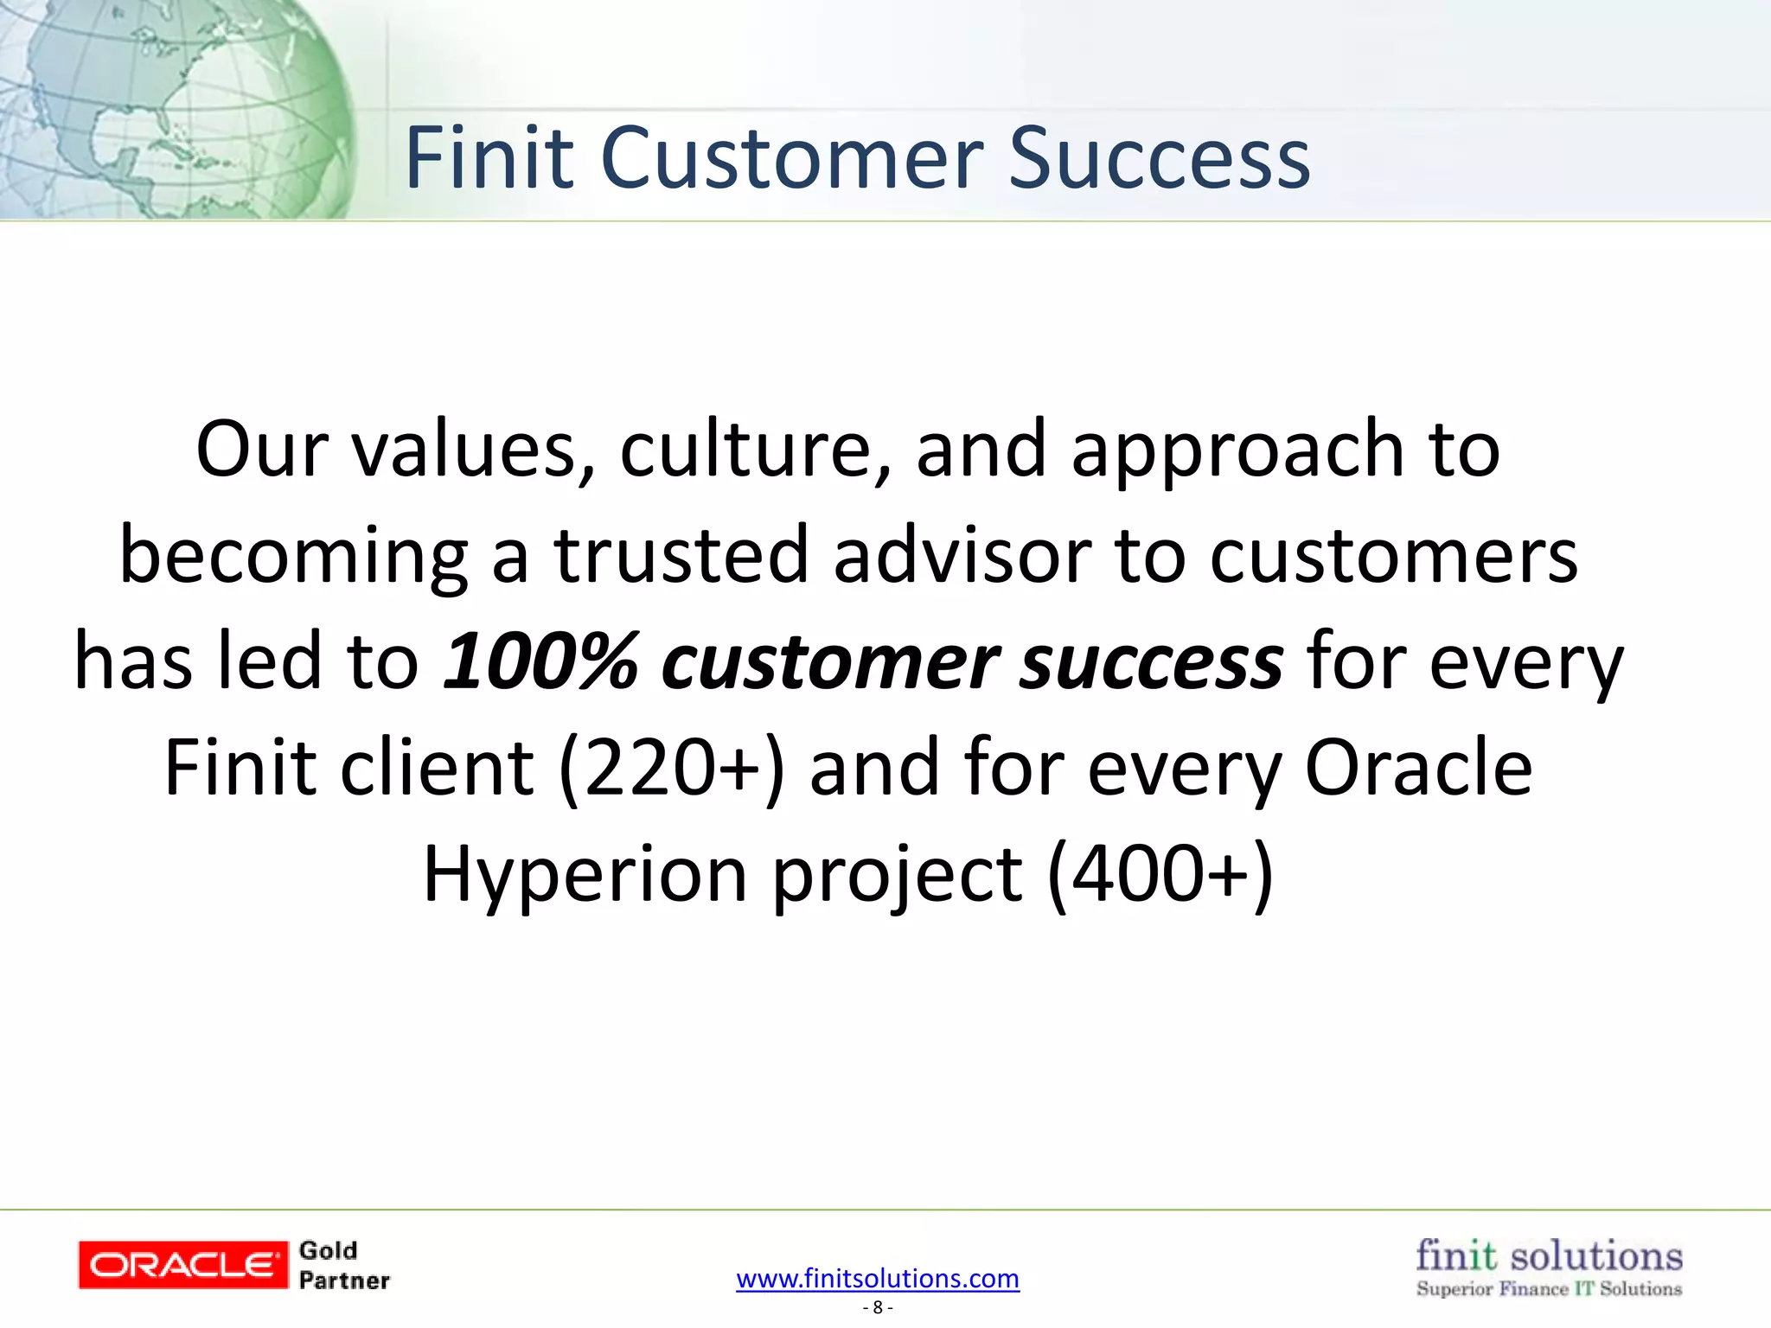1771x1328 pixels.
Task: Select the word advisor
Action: point(962,555)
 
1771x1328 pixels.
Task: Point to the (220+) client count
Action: point(672,768)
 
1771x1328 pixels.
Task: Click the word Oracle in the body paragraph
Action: point(1418,768)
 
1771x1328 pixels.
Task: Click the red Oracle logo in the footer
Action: point(182,1265)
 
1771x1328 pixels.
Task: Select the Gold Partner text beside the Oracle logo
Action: point(343,1266)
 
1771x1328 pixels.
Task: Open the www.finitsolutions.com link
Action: point(878,1278)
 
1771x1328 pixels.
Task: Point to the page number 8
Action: point(878,1307)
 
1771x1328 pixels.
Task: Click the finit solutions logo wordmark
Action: point(1549,1255)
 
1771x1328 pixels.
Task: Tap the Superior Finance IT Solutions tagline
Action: point(1549,1289)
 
